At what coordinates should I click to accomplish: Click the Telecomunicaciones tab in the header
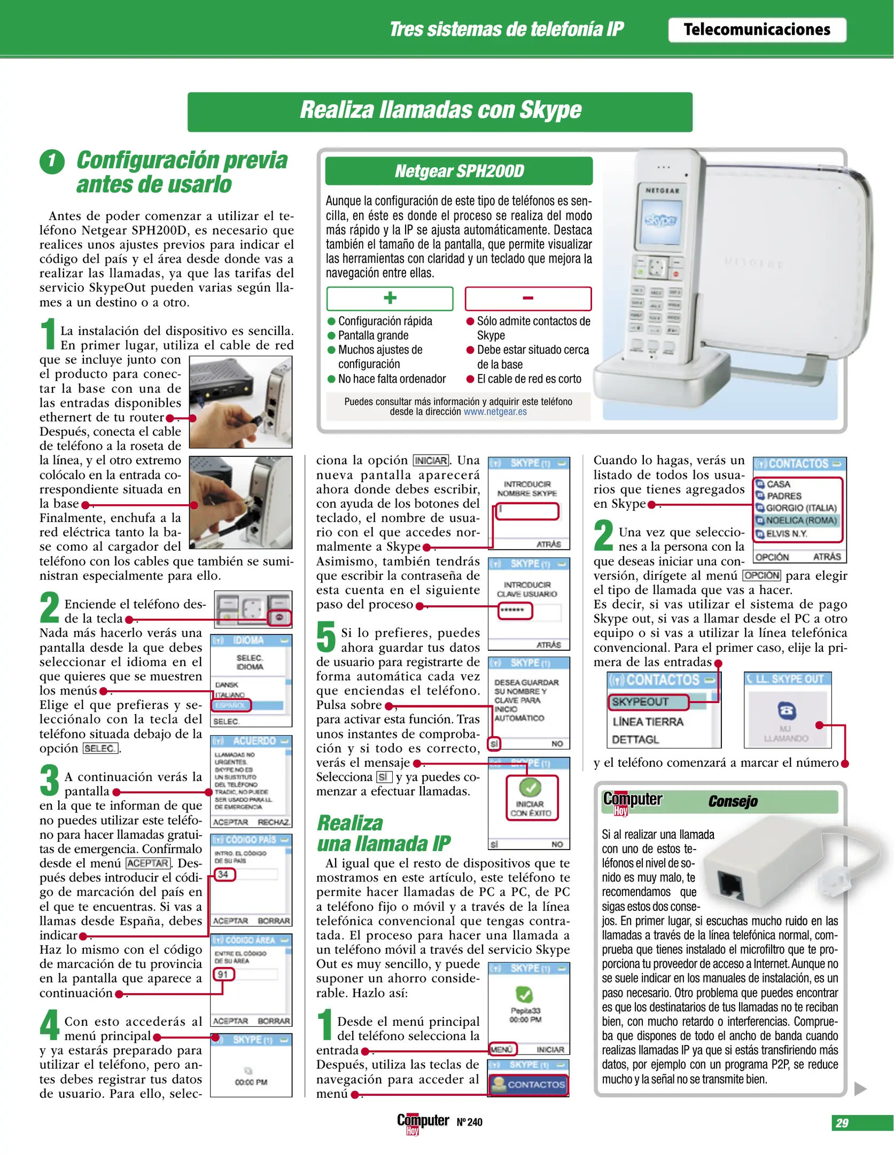[757, 30]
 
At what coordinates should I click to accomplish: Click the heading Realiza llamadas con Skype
[440, 111]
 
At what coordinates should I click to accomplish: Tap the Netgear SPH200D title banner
[458, 171]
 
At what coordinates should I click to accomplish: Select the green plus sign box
[390, 298]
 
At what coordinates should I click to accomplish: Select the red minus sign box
[528, 298]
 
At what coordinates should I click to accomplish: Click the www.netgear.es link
[495, 412]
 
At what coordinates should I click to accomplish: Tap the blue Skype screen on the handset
[661, 220]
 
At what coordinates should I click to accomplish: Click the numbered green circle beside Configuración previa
[52, 161]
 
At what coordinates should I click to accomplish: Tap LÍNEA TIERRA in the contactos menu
[648, 722]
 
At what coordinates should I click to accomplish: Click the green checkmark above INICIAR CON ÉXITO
[530, 787]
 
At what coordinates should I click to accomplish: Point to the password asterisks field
[514, 610]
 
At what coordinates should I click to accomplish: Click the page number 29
[842, 1123]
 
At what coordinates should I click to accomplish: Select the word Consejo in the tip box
[733, 801]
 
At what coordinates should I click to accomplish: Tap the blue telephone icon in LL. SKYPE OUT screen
[786, 711]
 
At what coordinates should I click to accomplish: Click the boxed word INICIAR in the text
[431, 461]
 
